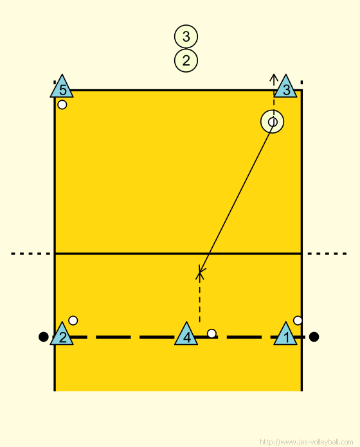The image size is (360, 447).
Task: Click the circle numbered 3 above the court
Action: (186, 37)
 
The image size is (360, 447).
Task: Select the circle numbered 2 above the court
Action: (186, 60)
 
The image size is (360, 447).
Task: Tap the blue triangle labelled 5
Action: (62, 87)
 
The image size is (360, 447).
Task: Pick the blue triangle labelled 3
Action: (285, 87)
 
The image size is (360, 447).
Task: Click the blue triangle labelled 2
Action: (62, 334)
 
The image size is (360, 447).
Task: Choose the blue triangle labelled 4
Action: (186, 334)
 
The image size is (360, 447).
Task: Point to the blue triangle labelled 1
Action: (285, 334)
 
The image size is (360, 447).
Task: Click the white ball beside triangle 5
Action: (62, 105)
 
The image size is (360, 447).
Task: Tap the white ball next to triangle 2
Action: (73, 320)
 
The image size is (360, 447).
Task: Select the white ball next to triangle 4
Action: (212, 333)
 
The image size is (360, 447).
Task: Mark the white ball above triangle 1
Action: (298, 320)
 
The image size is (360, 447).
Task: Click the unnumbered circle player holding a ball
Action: (273, 122)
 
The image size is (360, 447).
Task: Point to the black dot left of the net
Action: (43, 337)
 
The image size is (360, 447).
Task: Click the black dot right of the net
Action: (314, 337)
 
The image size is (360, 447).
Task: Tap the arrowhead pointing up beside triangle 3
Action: (274, 76)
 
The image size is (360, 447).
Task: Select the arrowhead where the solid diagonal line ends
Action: (201, 270)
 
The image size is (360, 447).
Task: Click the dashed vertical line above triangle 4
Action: (200, 297)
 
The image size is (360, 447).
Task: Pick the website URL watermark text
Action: (307, 442)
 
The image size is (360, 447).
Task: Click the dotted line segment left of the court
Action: (30, 254)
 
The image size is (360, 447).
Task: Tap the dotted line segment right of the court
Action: (327, 254)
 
